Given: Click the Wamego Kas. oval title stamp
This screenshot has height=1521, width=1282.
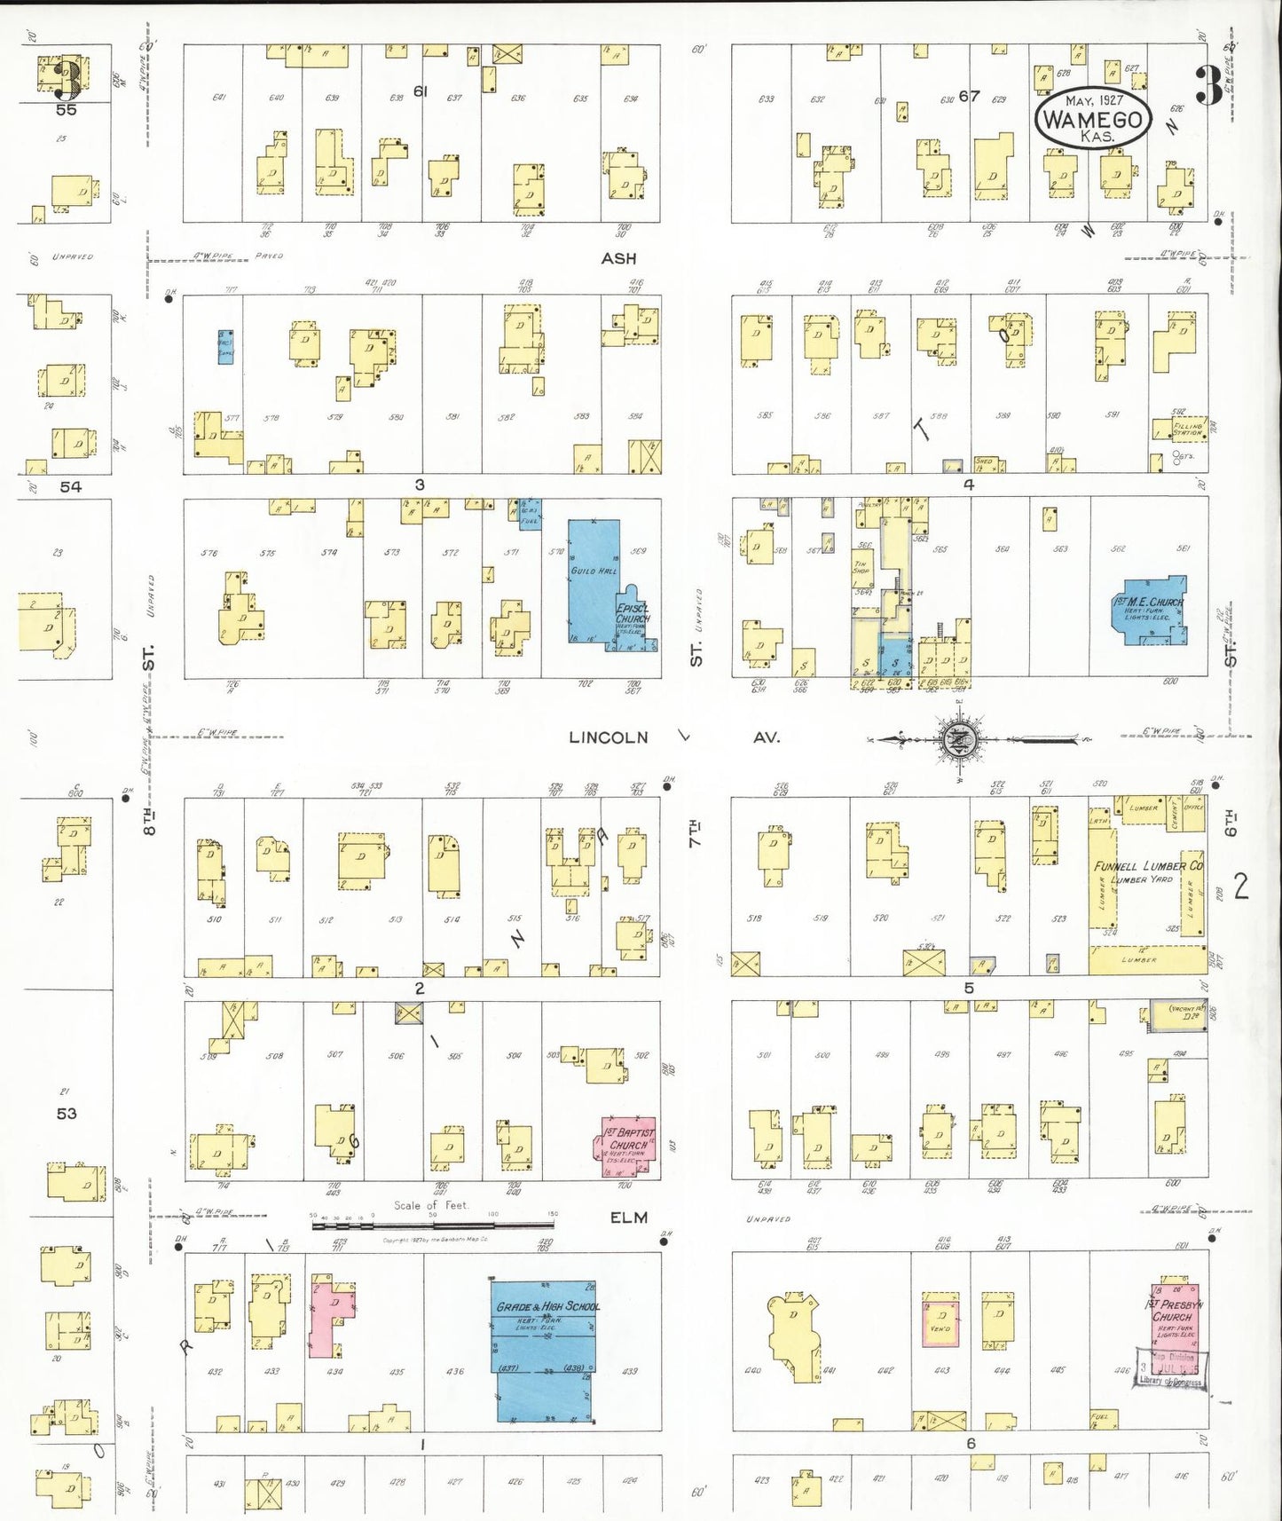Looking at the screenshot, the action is click(x=1092, y=119).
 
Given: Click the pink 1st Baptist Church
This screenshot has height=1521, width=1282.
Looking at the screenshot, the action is click(x=629, y=1146).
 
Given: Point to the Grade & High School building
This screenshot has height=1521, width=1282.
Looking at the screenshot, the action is click(x=545, y=1349).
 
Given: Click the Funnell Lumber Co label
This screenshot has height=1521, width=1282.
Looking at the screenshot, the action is click(x=1148, y=866).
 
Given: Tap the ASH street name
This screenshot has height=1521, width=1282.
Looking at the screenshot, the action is click(x=618, y=258).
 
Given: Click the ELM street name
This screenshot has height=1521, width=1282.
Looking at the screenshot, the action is click(x=628, y=1218).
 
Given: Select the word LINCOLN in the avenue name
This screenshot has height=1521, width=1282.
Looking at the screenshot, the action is click(x=609, y=737).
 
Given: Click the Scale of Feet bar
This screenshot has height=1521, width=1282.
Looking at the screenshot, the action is click(x=432, y=1225).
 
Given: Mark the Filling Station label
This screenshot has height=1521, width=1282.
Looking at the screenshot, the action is click(x=1187, y=430).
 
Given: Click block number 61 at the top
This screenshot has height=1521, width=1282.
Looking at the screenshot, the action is click(x=421, y=91).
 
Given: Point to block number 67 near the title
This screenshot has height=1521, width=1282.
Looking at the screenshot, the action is click(x=970, y=96).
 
